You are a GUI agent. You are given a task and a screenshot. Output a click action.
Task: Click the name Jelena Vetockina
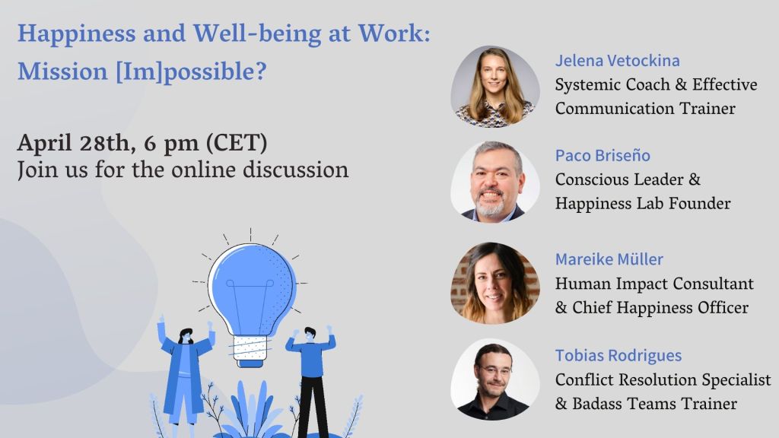(618, 61)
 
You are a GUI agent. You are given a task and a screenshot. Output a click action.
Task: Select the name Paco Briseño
(603, 155)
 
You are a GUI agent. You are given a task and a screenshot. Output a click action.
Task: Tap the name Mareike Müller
(609, 259)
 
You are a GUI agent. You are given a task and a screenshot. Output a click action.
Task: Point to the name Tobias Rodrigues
(618, 356)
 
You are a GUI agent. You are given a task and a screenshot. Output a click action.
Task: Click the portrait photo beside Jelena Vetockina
(494, 87)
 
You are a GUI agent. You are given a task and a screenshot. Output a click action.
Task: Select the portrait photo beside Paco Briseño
(494, 181)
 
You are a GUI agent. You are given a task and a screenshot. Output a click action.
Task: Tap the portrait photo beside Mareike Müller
(494, 283)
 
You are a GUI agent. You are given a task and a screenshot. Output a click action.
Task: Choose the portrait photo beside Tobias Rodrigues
(494, 379)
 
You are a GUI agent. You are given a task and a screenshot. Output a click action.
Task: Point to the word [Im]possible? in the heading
(191, 72)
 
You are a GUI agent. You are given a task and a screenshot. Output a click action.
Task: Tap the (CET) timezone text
(237, 144)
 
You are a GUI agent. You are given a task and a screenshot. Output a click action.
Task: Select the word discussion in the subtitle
(296, 170)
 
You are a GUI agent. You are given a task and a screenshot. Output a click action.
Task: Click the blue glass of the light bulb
(252, 288)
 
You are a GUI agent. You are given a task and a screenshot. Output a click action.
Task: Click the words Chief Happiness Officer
(660, 308)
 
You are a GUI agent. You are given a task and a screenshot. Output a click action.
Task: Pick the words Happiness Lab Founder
(643, 204)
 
